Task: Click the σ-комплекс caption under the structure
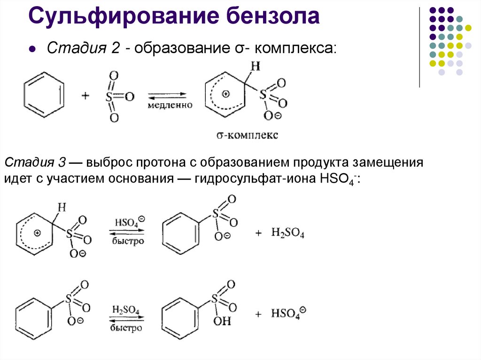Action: pos(248,135)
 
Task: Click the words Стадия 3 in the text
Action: pos(34,163)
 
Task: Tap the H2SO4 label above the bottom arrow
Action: pos(125,309)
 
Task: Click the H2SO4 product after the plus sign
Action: pos(287,233)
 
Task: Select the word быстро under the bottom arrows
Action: pos(126,328)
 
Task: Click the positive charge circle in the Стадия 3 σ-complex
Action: pos(38,233)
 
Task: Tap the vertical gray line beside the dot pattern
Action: pos(419,47)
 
